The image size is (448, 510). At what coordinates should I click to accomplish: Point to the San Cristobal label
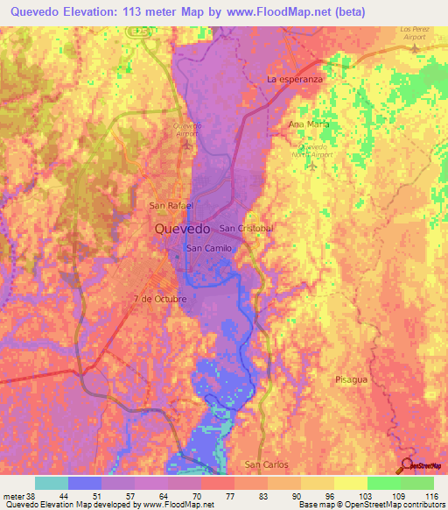coord(247,228)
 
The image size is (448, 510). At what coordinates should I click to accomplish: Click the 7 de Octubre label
coord(160,299)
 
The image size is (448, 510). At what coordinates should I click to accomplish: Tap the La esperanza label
coord(295,79)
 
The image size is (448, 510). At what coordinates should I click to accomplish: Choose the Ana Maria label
coord(307,124)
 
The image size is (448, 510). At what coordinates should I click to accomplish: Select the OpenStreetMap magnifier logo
coord(409,465)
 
